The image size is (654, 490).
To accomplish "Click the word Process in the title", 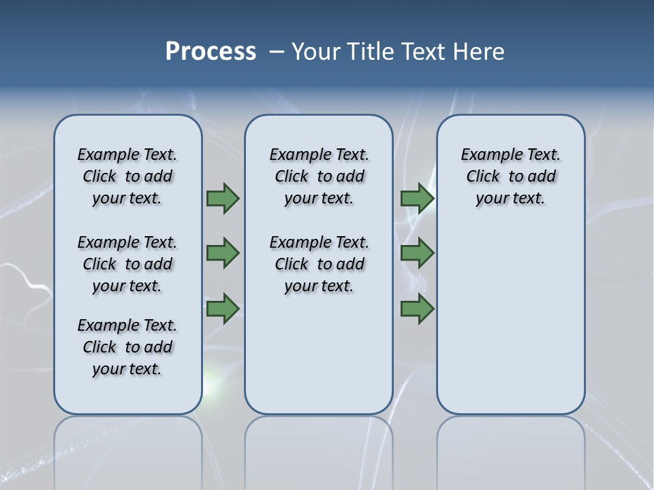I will [x=211, y=52].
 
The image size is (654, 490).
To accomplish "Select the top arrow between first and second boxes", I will [x=222, y=198].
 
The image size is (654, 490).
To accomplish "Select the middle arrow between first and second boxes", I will [x=222, y=253].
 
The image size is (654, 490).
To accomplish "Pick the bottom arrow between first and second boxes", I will [x=222, y=309].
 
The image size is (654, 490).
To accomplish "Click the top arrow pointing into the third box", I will [x=417, y=198].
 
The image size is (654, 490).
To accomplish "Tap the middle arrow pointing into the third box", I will [x=417, y=253].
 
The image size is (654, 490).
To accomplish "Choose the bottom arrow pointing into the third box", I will [x=417, y=309].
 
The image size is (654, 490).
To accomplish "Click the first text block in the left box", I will [x=127, y=176].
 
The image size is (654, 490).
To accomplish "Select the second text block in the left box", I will [x=127, y=264].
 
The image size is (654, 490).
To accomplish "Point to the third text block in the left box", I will [x=127, y=347].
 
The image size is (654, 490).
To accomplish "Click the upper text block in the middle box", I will [x=319, y=176].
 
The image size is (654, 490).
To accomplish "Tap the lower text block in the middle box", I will [x=319, y=264].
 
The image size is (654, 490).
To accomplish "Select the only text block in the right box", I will [x=510, y=176].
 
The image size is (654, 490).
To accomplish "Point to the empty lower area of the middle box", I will [x=319, y=354].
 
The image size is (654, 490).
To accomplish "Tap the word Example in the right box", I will [x=484, y=155].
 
